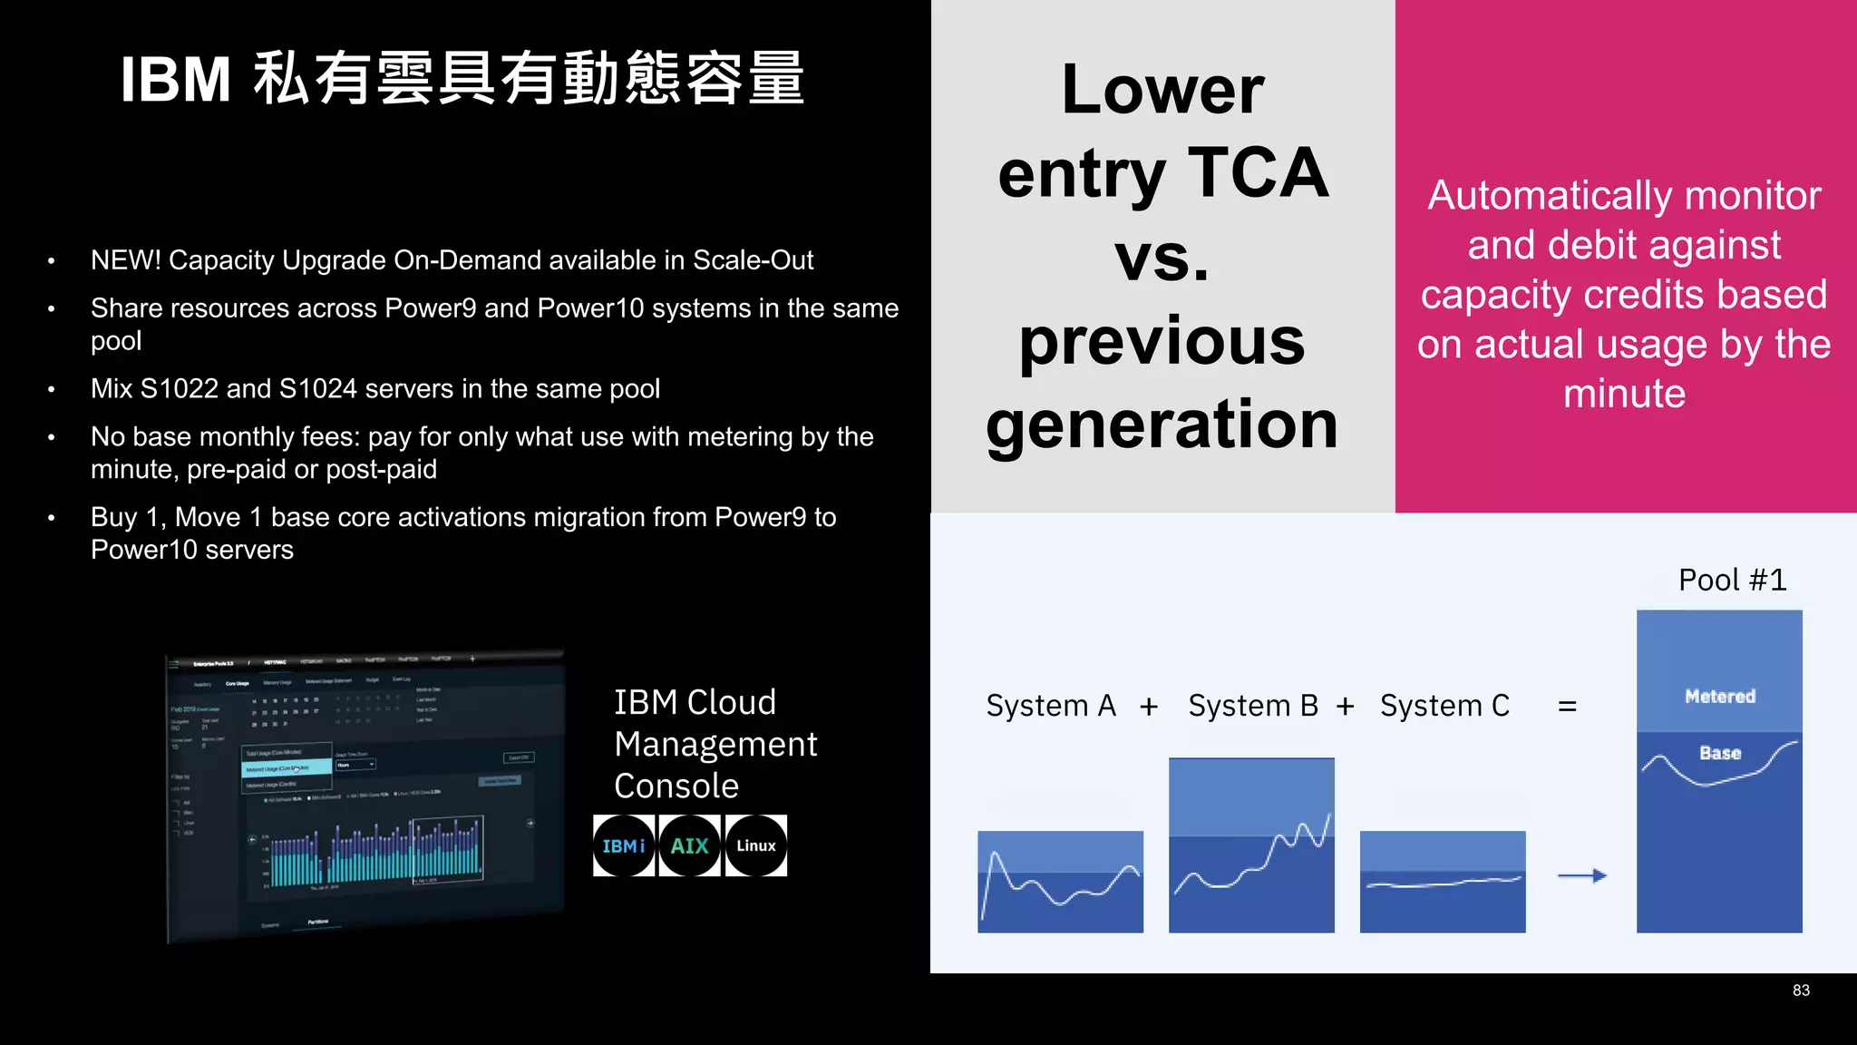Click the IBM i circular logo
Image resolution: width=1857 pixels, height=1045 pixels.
624,845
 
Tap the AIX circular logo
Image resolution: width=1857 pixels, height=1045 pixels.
689,845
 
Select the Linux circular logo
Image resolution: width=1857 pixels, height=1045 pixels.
755,845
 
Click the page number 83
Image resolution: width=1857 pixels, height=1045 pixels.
1801,991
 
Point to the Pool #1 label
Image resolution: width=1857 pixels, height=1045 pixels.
1732,580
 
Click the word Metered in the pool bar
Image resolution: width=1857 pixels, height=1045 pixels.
1720,697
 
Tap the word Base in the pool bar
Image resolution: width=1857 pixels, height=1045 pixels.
1720,753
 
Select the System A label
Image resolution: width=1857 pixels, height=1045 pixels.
1051,706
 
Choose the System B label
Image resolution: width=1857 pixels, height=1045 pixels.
1253,706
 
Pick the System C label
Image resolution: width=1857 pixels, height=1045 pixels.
1444,706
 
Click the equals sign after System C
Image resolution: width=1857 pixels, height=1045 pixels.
1567,706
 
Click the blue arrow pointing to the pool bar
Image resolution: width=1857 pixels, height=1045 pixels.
1582,875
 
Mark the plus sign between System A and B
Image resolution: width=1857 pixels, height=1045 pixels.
1149,707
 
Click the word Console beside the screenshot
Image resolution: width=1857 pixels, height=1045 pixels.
676,786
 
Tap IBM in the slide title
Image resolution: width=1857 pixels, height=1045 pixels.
176,80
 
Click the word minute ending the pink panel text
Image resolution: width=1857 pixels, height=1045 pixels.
1624,394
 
